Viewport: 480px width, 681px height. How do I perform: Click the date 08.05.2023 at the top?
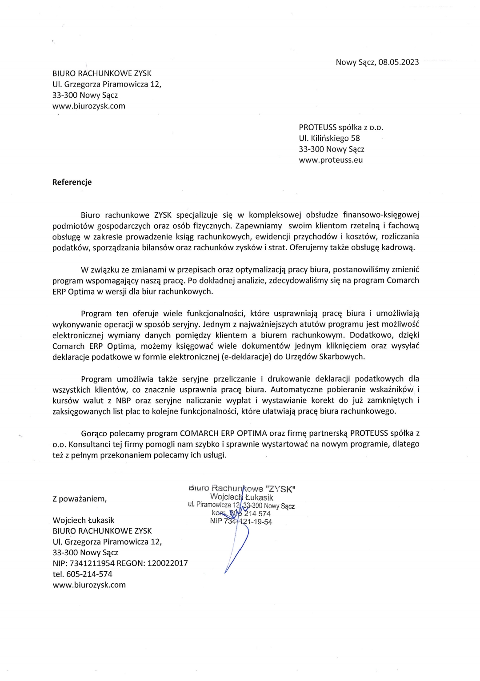(399, 62)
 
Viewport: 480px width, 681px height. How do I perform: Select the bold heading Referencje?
(72, 182)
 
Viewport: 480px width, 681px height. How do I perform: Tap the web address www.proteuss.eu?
(331, 160)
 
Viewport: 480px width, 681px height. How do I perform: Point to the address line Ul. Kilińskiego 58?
(329, 138)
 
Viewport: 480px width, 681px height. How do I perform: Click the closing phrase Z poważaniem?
(80, 498)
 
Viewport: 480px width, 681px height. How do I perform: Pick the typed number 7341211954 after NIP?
(92, 563)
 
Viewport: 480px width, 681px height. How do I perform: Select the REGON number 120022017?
(168, 563)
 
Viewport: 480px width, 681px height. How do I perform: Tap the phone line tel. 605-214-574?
(82, 574)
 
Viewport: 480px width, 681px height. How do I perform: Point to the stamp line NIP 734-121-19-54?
(241, 522)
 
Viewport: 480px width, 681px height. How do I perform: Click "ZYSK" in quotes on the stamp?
(280, 489)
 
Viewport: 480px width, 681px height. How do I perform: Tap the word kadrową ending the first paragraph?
(398, 248)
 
